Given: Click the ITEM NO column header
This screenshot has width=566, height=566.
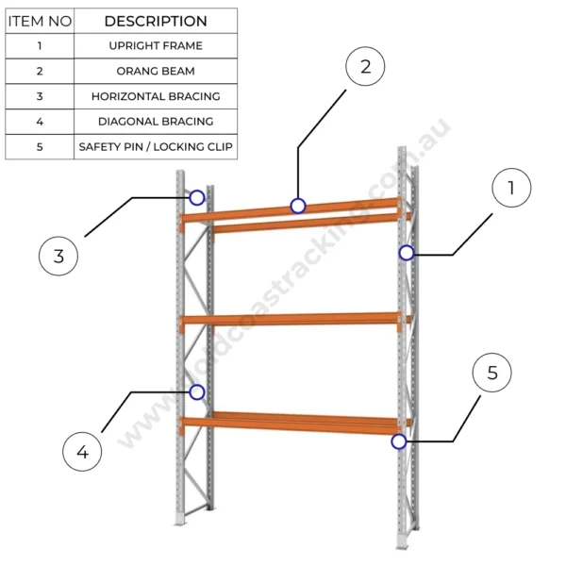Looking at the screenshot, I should tap(40, 21).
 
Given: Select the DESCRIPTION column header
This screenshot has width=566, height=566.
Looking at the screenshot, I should tap(156, 21).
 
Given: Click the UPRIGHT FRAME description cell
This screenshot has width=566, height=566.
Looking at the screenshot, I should tap(156, 45).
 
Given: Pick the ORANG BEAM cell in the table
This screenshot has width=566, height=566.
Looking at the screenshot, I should tap(156, 71).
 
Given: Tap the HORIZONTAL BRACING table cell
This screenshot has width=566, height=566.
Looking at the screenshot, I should tap(156, 96).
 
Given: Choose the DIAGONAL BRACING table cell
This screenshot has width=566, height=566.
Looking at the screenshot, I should tap(156, 121).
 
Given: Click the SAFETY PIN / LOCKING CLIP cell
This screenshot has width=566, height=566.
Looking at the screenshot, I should tap(156, 146).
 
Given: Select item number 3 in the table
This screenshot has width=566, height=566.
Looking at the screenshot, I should tap(40, 96).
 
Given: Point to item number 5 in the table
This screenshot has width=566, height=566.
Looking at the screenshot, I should tap(40, 146).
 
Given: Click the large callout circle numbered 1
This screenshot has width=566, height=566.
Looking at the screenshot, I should tap(511, 188).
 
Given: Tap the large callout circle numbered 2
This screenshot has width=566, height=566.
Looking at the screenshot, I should tap(365, 66).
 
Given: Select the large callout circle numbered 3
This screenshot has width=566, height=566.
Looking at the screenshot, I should tap(58, 256).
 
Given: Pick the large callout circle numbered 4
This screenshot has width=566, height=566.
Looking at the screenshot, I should tap(82, 452).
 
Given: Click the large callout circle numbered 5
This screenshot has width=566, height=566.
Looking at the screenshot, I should tap(491, 374).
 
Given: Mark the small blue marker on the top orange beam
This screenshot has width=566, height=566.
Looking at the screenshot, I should tap(298, 206).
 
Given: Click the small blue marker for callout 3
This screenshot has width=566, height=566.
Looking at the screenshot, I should tap(196, 197).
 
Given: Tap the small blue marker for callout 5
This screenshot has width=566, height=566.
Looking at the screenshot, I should tap(399, 441).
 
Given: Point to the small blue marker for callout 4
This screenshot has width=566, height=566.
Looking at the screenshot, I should tap(196, 391).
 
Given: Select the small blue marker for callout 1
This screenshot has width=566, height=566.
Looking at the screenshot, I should tap(406, 253).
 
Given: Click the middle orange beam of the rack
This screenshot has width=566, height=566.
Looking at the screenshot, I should tap(292, 320).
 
